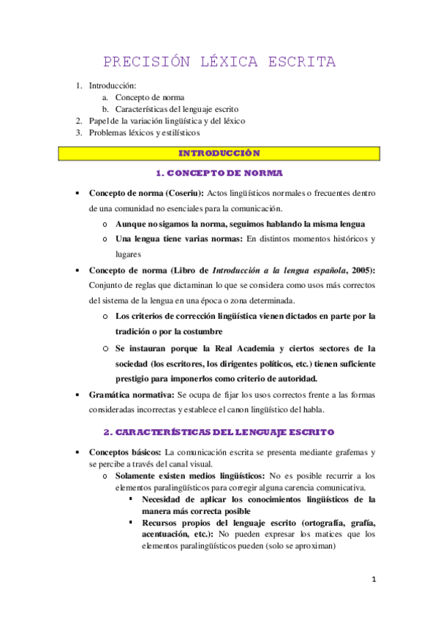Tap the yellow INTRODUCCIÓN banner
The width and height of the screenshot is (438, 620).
219,154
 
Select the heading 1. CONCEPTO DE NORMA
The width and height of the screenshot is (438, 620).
219,174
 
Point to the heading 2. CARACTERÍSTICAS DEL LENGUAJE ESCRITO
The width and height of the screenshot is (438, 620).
219,432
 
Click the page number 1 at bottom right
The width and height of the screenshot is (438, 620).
373,580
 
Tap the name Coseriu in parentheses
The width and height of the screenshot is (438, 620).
183,193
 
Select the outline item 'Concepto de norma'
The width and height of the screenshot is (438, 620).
150,97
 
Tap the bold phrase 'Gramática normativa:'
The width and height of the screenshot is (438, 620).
130,395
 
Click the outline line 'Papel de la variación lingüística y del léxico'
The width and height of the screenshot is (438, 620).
167,121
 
